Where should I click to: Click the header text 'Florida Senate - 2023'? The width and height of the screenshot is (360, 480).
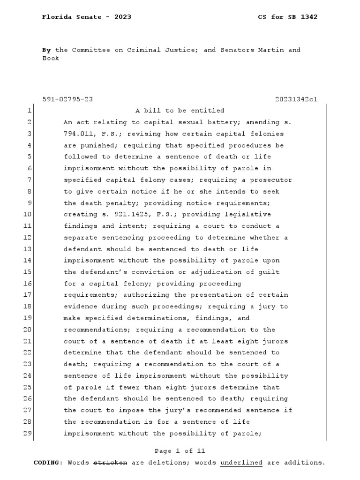pyautogui.click(x=86, y=17)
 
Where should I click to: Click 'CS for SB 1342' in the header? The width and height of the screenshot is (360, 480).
pyautogui.click(x=288, y=17)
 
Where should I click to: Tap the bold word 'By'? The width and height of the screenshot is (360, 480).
pyautogui.click(x=46, y=50)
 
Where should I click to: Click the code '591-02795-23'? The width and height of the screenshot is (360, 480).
pyautogui.click(x=67, y=99)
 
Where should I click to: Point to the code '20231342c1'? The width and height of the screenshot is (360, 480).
pyautogui.click(x=296, y=99)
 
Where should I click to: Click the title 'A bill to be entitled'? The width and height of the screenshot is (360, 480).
pyautogui.click(x=180, y=111)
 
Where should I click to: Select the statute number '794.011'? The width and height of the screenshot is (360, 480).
pyautogui.click(x=77, y=134)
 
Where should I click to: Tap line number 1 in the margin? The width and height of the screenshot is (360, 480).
pyautogui.click(x=29, y=111)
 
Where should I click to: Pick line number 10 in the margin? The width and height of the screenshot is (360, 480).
pyautogui.click(x=27, y=214)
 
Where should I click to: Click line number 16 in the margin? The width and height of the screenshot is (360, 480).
pyautogui.click(x=27, y=284)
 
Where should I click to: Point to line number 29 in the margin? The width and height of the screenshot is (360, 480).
pyautogui.click(x=27, y=434)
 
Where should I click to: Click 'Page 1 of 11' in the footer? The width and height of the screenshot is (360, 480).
pyautogui.click(x=180, y=451)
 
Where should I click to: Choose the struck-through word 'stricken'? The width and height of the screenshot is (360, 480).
pyautogui.click(x=110, y=463)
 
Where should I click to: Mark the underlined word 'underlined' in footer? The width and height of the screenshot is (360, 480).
pyautogui.click(x=241, y=463)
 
